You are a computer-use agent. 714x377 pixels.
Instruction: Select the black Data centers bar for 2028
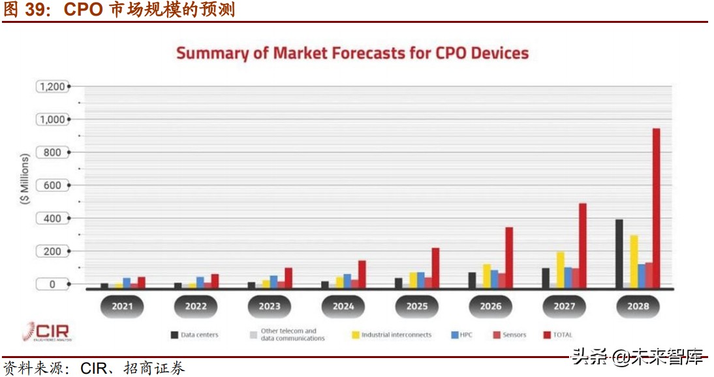click(619, 254)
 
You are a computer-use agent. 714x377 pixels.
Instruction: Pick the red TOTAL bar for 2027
click(582, 245)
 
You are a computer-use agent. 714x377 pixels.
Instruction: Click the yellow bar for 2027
click(560, 269)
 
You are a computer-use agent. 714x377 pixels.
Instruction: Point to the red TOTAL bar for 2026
click(509, 257)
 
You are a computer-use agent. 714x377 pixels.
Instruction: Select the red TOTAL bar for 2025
click(435, 267)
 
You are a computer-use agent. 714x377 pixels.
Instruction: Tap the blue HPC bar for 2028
click(642, 275)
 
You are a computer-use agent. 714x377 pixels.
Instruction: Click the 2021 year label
click(122, 306)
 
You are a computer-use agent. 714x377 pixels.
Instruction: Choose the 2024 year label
click(343, 306)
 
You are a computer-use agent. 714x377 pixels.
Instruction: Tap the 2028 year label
click(638, 306)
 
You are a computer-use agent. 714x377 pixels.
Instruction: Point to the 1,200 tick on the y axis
click(52, 86)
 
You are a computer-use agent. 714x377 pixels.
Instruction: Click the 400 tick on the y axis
click(52, 218)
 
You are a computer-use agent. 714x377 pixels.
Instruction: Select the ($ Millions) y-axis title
click(25, 180)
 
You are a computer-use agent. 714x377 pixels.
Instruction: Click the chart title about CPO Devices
click(352, 53)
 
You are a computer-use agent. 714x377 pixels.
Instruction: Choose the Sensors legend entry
click(509, 335)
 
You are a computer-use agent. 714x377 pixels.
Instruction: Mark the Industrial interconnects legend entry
click(392, 335)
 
